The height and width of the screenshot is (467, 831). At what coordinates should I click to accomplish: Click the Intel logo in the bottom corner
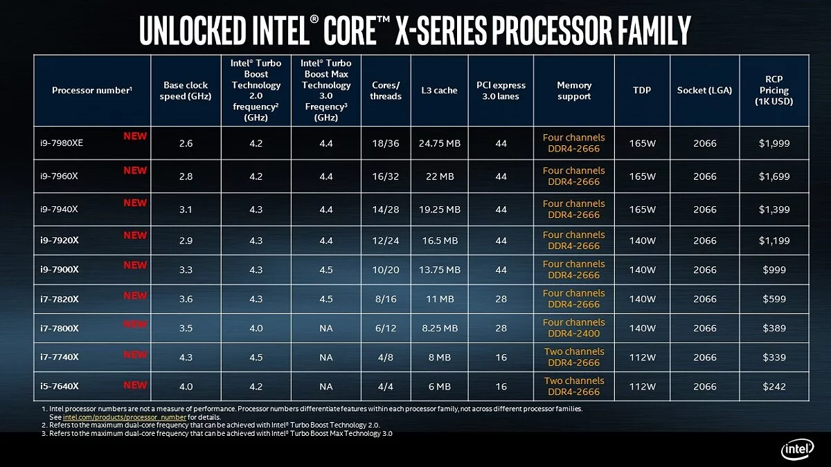pyautogui.click(x=798, y=450)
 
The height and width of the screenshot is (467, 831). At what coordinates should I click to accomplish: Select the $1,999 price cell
pyautogui.click(x=774, y=143)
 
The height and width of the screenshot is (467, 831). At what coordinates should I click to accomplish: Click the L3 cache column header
pyautogui.click(x=439, y=91)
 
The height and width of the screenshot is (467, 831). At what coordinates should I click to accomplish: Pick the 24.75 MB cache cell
pyautogui.click(x=439, y=143)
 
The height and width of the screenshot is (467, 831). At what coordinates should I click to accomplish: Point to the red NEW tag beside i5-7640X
pyautogui.click(x=135, y=385)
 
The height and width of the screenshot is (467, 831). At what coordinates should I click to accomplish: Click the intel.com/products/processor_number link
pyautogui.click(x=125, y=417)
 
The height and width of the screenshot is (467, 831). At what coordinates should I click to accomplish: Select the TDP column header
pyautogui.click(x=641, y=91)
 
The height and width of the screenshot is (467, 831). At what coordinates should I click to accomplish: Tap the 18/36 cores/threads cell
pyautogui.click(x=386, y=143)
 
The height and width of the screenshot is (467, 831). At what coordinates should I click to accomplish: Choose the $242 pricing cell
pyautogui.click(x=774, y=386)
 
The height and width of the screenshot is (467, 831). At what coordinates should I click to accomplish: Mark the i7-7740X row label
pyautogui.click(x=60, y=357)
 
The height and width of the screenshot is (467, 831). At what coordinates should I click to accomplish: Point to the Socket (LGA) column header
pyautogui.click(x=704, y=91)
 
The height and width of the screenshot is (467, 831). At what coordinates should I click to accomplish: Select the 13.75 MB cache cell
pyautogui.click(x=439, y=270)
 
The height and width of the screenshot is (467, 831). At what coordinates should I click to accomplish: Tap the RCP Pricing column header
pyautogui.click(x=774, y=91)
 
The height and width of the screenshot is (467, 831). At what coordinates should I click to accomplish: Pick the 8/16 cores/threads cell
pyautogui.click(x=386, y=299)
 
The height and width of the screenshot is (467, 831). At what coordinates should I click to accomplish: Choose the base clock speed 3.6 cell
pyautogui.click(x=186, y=299)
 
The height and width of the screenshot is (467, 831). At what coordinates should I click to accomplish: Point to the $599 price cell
pyautogui.click(x=774, y=299)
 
